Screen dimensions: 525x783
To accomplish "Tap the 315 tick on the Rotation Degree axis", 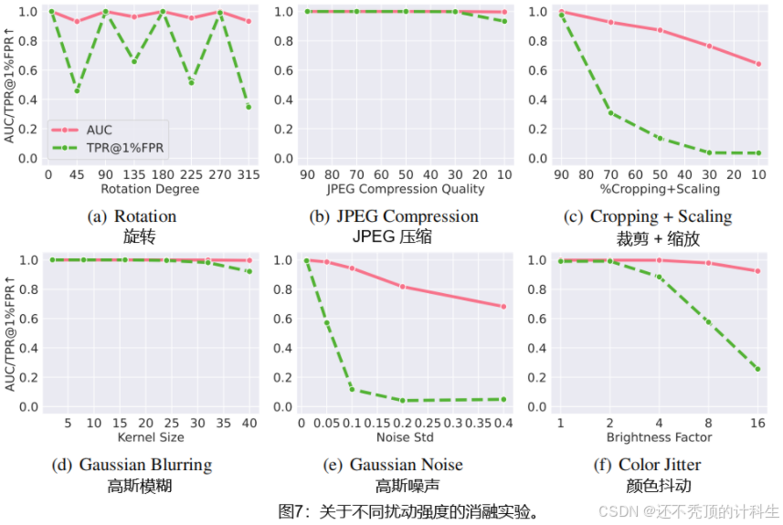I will click(x=248, y=173).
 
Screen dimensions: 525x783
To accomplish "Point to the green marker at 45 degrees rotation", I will click(x=77, y=90).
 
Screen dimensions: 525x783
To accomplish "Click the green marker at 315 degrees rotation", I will click(x=249, y=107).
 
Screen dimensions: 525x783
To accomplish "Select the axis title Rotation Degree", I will click(x=148, y=189).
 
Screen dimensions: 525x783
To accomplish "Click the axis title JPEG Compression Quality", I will click(x=405, y=189).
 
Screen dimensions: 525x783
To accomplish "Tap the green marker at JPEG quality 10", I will click(x=503, y=21).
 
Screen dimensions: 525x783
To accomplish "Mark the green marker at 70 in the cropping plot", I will click(x=611, y=113).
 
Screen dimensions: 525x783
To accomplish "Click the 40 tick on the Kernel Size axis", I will click(x=249, y=422).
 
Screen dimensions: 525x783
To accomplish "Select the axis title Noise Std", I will click(x=405, y=437).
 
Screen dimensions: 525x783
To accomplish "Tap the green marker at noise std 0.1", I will click(x=353, y=390).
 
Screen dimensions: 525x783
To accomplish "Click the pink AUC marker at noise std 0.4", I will click(x=503, y=307).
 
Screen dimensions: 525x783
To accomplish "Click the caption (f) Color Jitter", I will click(x=661, y=465).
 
